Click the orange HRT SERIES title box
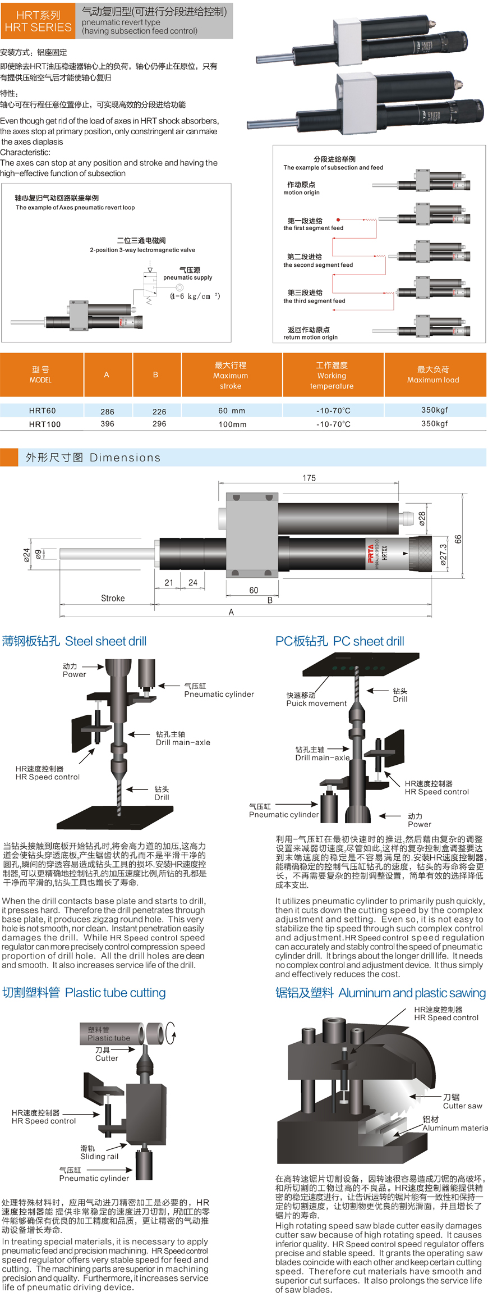38,21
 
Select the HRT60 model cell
43,410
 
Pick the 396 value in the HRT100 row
107,424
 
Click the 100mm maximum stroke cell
232,425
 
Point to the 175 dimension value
309,478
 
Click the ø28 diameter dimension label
422,518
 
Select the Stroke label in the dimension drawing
113,598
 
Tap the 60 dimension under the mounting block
254,590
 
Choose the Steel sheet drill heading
75,641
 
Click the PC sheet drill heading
340,641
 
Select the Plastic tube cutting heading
84,993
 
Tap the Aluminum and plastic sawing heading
380,993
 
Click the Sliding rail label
99,1157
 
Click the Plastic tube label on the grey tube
108,1038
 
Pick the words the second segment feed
318,265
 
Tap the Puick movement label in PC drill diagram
316,703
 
